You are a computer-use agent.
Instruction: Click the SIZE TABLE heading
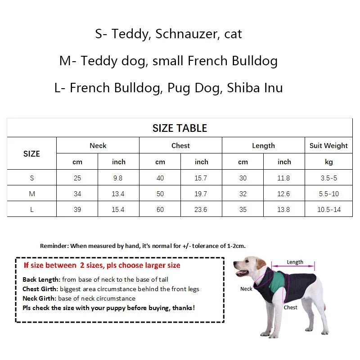[180, 128]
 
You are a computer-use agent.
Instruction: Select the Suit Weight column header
[328, 145]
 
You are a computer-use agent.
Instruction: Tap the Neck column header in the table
[98, 145]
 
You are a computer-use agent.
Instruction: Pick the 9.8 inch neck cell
[118, 178]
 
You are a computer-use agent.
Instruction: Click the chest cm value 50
[160, 193]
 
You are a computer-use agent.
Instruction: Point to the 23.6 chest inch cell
[201, 209]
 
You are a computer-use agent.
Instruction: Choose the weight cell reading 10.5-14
[328, 209]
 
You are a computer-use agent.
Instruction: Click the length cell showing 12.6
[283, 193]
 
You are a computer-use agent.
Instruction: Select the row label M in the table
[31, 193]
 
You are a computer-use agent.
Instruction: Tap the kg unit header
[328, 162]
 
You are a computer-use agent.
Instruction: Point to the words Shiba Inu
[255, 87]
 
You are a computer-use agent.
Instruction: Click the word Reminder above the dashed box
[54, 246]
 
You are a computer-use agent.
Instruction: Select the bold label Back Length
[41, 279]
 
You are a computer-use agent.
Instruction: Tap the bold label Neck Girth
[40, 298]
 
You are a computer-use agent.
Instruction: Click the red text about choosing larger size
[102, 265]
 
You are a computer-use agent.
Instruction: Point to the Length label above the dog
[295, 262]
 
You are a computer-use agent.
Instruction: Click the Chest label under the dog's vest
[290, 307]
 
